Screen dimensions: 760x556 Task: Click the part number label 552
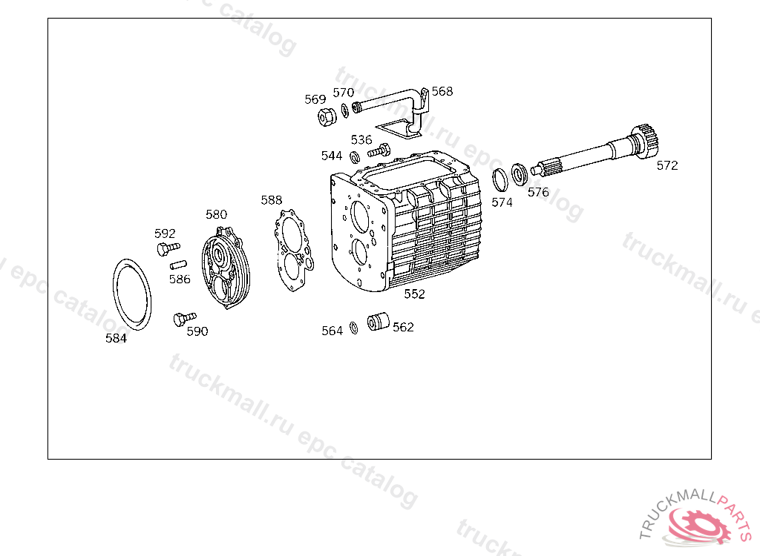tap(414, 294)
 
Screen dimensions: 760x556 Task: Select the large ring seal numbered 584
tap(114, 296)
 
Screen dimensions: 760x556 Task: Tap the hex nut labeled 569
tap(327, 116)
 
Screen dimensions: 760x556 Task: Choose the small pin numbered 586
tap(178, 265)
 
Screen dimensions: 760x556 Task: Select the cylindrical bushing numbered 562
tap(378, 322)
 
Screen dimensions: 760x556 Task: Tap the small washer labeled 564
tap(354, 328)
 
